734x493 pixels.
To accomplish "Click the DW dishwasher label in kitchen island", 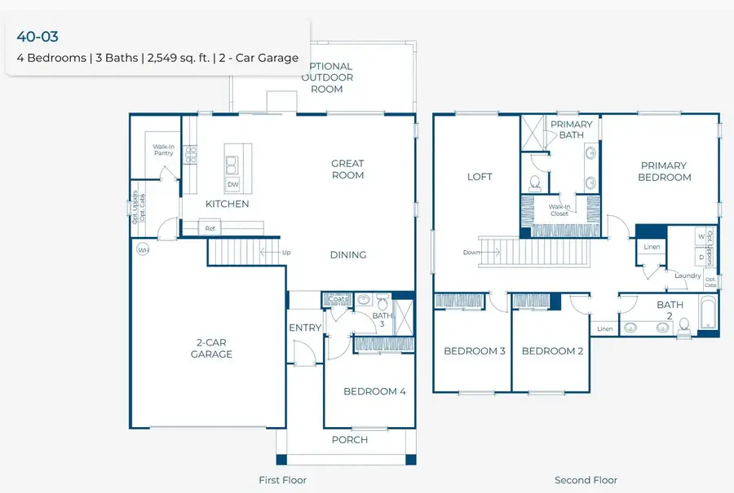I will pyautogui.click(x=233, y=185).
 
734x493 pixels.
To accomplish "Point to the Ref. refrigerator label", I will pyautogui.click(x=210, y=229).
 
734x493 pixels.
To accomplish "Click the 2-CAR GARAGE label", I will pyautogui.click(x=211, y=349).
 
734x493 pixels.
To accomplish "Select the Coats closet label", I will pyautogui.click(x=338, y=299).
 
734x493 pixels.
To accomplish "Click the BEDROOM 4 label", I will pyautogui.click(x=374, y=391).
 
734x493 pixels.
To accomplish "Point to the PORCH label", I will pyautogui.click(x=349, y=440).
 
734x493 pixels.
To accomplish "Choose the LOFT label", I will pyautogui.click(x=480, y=177).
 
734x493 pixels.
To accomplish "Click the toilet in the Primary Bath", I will pyautogui.click(x=536, y=182).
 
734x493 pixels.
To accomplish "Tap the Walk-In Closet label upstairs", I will pyautogui.click(x=559, y=209).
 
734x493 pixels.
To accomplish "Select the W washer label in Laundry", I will pyautogui.click(x=701, y=236).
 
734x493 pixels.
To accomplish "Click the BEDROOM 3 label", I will pyautogui.click(x=475, y=351).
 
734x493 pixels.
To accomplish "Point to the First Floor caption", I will pyautogui.click(x=282, y=480).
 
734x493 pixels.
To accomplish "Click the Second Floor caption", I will pyautogui.click(x=586, y=480).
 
